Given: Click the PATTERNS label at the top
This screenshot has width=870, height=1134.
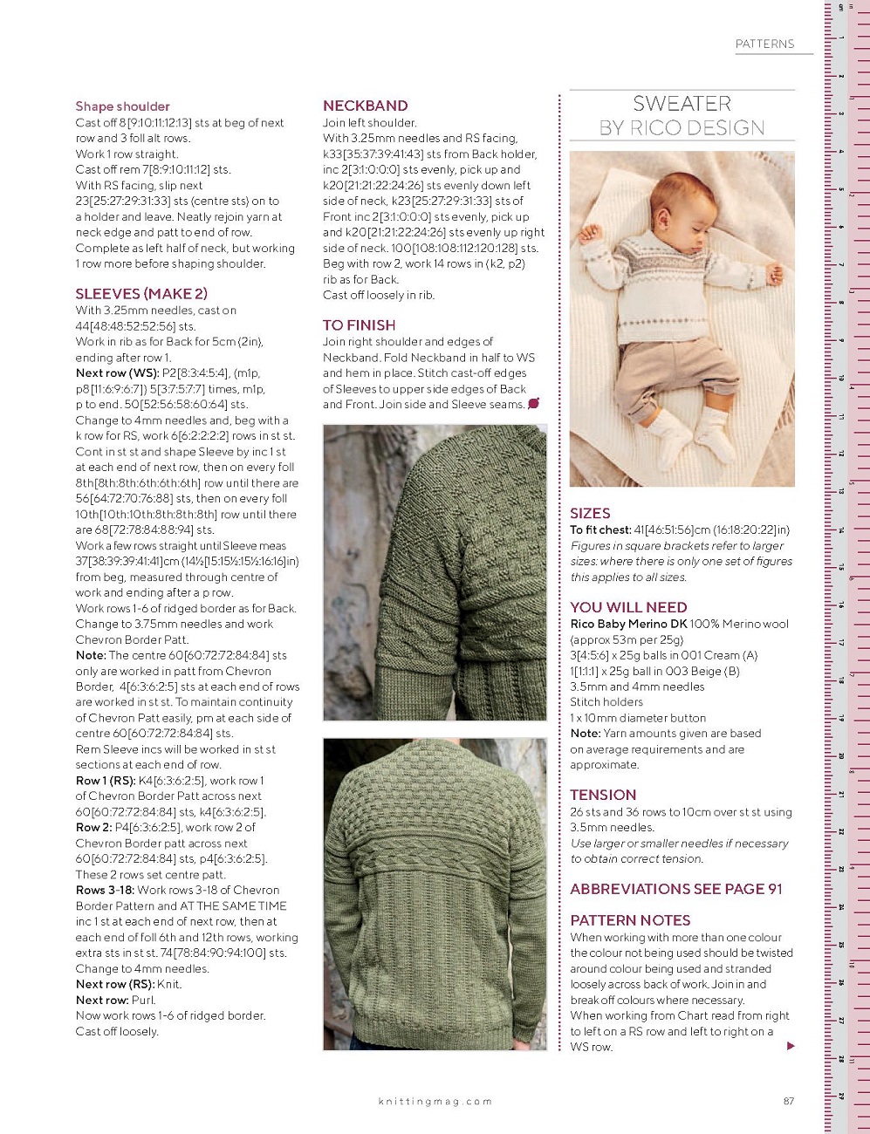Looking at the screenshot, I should [x=764, y=44].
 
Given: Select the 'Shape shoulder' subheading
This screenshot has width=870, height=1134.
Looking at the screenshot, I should [x=122, y=106].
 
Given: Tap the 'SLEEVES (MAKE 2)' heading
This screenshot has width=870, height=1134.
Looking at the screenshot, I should [x=141, y=293].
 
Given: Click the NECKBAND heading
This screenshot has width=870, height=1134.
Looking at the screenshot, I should [x=365, y=106].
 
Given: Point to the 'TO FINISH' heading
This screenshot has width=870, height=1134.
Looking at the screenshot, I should [x=359, y=324].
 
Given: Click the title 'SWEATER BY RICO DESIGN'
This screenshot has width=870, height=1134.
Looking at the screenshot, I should [x=682, y=115].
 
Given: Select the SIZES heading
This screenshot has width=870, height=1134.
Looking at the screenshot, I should [x=590, y=513].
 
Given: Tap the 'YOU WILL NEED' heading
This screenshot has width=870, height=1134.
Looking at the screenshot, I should [x=628, y=607].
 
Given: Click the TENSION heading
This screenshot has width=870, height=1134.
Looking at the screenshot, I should [x=603, y=795].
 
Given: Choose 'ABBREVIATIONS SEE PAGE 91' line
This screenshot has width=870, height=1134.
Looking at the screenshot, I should [x=676, y=889].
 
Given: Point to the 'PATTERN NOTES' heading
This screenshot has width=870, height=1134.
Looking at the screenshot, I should [x=630, y=920].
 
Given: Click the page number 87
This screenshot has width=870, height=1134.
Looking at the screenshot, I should [x=789, y=1101].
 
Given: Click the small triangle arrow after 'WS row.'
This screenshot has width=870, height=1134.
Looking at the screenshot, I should [x=791, y=1046].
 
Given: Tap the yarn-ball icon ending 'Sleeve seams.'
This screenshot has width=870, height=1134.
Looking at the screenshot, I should [x=533, y=403].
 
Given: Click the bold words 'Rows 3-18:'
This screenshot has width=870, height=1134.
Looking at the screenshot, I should [x=105, y=890].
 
